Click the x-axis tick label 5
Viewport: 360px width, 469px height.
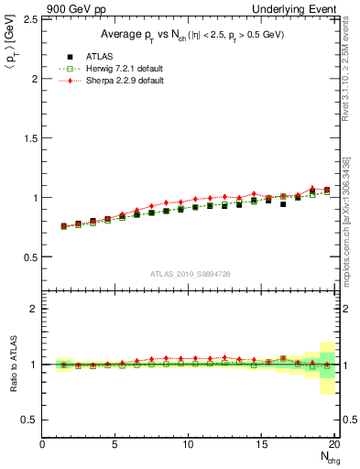coord(115,444)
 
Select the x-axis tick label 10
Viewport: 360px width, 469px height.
coord(189,444)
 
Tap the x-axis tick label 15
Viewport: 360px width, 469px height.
coord(262,444)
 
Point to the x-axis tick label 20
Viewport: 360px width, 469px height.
coord(334,444)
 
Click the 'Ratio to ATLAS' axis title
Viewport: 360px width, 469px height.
coord(11,365)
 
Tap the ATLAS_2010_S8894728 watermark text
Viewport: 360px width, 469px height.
coord(190,273)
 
